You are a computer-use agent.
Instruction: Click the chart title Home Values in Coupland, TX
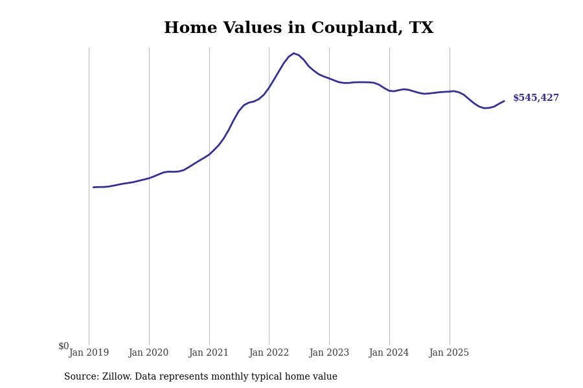298,28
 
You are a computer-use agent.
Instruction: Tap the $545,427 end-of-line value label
536,98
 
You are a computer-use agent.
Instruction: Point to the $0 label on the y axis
63,347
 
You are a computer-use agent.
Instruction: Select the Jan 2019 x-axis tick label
89,353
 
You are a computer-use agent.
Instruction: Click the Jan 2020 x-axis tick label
148,353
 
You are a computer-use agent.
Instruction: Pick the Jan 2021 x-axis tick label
209,353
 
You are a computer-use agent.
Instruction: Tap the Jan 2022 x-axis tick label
269,353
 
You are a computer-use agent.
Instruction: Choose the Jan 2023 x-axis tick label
329,353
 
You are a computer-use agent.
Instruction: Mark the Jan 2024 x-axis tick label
389,353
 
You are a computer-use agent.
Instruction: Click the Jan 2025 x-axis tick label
449,353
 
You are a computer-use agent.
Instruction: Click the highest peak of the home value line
293,53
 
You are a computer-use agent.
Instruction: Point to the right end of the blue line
504,101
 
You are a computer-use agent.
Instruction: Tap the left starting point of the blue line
93,188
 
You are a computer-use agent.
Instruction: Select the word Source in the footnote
81,377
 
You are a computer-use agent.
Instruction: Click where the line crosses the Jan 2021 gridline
209,154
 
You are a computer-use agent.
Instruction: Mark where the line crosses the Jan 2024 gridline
389,91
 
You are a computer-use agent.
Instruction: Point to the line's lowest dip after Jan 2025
485,108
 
